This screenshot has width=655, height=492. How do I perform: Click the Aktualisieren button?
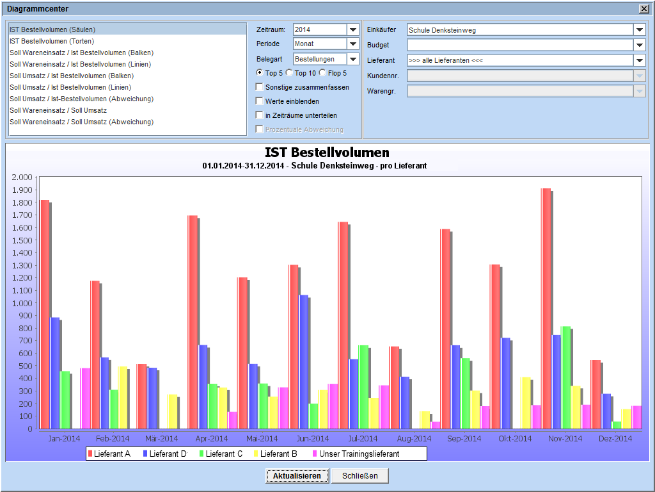pos(297,476)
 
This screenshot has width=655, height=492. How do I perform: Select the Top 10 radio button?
pos(289,73)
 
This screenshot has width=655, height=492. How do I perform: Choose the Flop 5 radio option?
pos(322,73)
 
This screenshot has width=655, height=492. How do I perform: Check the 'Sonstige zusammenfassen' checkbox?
pos(259,87)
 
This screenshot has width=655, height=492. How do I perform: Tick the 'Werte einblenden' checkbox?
pos(259,101)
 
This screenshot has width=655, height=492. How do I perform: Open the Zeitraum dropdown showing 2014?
pos(353,29)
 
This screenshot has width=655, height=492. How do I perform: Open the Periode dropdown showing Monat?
pos(353,44)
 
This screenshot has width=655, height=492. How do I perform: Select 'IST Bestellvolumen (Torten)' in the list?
pos(52,41)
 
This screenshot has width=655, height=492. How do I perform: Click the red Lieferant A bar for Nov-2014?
pos(546,307)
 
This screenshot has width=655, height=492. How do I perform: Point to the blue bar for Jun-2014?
pos(304,361)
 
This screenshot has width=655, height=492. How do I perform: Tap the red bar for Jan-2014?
pos(45,314)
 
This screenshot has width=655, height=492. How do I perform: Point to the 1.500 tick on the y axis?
pos(22,240)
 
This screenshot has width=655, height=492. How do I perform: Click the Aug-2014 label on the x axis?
pos(414,439)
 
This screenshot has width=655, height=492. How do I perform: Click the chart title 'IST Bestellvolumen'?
pos(327,152)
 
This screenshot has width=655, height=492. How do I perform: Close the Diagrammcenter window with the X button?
pos(643,9)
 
